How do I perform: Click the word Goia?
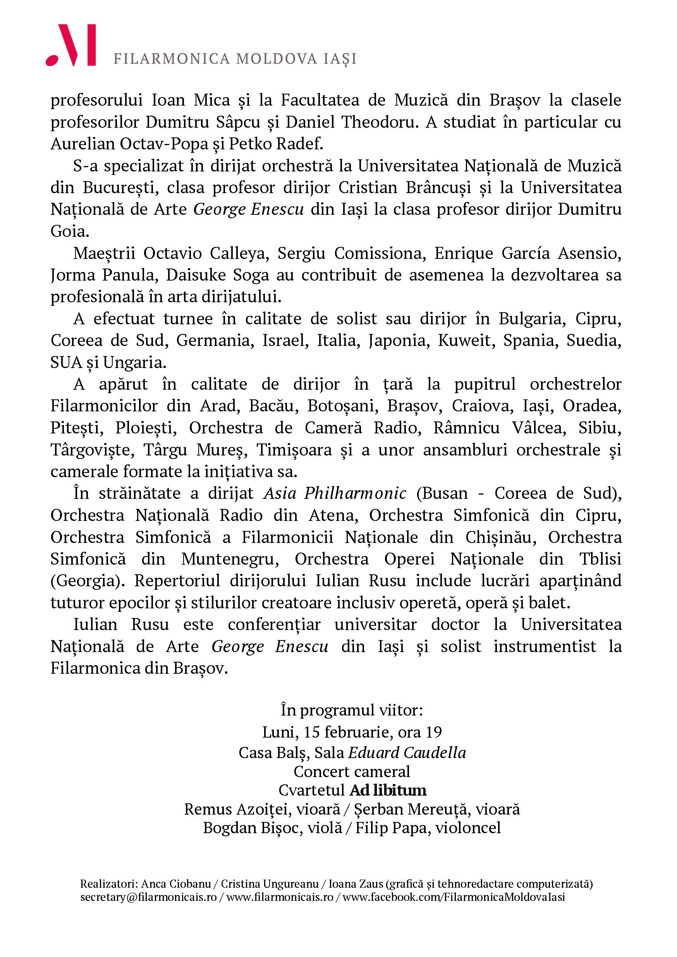coord(70,231)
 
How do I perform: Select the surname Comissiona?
coord(380,253)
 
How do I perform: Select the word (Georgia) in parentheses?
coord(87,580)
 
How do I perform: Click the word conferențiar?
coord(274,624)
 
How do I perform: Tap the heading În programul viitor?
coord(352,710)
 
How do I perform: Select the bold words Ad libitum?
coord(388,790)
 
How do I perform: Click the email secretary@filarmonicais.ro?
coord(148,896)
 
